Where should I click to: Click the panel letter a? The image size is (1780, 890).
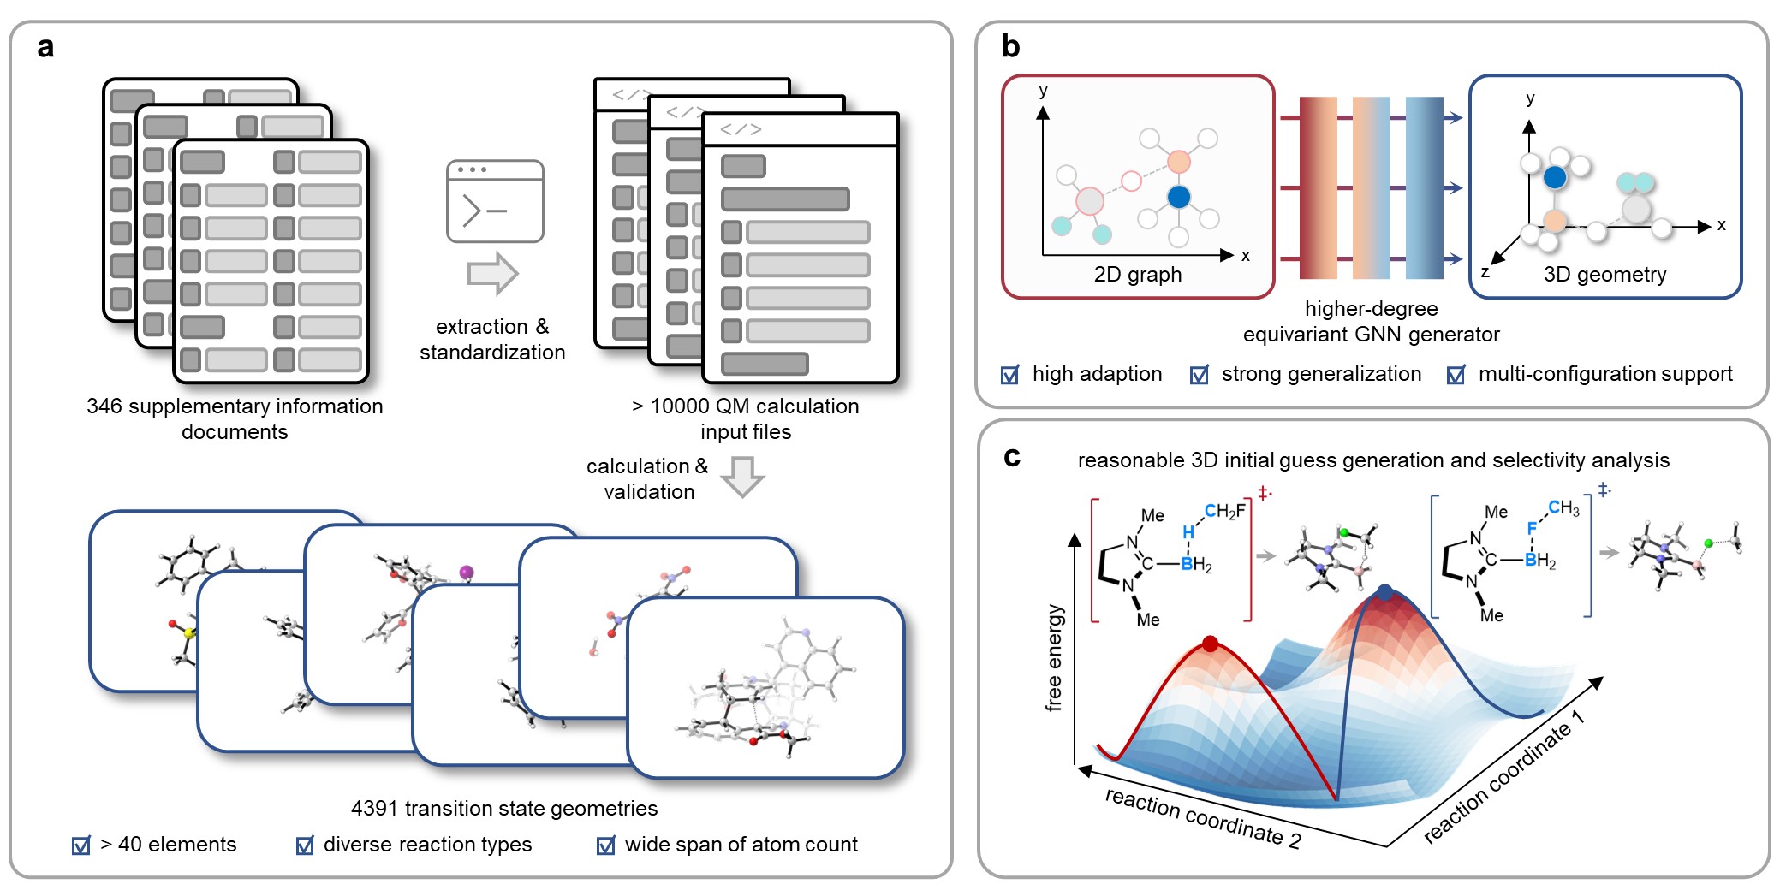[x=45, y=47]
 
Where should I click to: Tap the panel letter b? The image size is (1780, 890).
[x=1011, y=46]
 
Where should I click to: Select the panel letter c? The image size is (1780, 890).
[x=1012, y=458]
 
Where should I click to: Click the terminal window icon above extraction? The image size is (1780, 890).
[x=495, y=201]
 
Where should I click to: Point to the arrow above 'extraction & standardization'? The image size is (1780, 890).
[x=493, y=274]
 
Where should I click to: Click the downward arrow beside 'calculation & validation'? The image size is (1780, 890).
[x=742, y=477]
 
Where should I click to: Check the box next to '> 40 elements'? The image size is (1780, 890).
[x=81, y=845]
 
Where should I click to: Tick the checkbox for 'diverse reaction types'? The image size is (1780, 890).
[x=305, y=845]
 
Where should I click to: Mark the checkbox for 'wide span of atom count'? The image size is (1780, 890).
[x=606, y=845]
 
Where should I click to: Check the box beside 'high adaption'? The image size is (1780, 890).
[x=1010, y=375]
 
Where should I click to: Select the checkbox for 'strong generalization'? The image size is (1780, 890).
[x=1200, y=375]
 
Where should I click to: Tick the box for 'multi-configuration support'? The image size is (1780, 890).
[x=1456, y=375]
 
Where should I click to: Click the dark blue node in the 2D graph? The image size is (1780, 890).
[x=1179, y=197]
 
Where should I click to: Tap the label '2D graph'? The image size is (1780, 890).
[x=1137, y=274]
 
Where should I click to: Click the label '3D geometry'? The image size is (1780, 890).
[x=1604, y=274]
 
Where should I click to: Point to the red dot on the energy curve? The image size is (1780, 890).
[x=1210, y=644]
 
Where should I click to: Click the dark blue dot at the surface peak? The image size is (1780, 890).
[x=1385, y=592]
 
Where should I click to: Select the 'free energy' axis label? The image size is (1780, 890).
[x=1055, y=657]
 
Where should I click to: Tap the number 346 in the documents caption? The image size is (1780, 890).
[x=104, y=406]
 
